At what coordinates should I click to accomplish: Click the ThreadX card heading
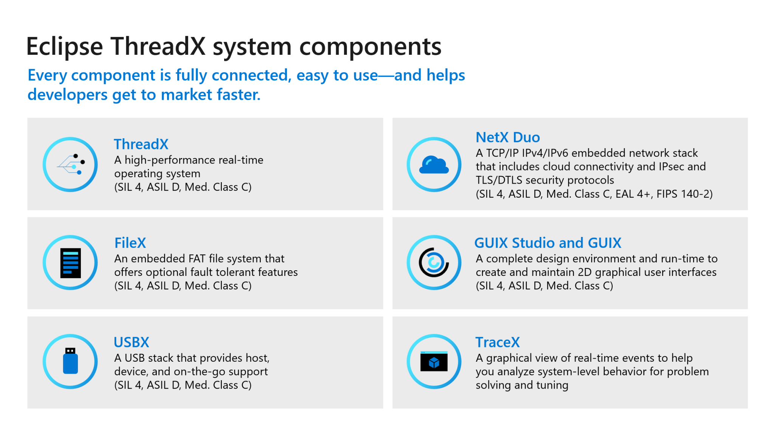[141, 144]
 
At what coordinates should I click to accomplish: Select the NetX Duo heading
[508, 138]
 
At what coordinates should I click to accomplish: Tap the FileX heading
[130, 243]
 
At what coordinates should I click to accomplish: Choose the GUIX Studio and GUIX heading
[548, 243]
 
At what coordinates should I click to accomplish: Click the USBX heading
[132, 342]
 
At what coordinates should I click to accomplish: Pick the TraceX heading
[497, 342]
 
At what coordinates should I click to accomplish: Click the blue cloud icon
[434, 165]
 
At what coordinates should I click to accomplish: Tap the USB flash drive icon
[70, 361]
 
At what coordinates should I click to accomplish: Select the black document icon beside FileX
[70, 263]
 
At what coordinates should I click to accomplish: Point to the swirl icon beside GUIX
[434, 262]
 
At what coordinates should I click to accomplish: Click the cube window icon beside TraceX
[434, 361]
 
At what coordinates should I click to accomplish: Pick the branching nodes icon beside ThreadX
[71, 165]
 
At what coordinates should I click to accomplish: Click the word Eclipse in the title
[65, 47]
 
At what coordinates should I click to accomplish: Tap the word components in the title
[370, 47]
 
